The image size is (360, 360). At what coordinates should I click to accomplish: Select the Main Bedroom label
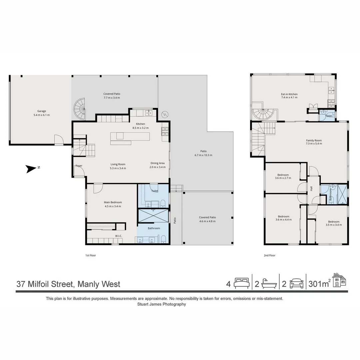click(112, 202)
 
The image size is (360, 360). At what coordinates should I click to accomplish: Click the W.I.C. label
click(118, 236)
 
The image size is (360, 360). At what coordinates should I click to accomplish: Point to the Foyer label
click(79, 166)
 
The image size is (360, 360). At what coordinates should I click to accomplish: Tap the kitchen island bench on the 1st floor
click(130, 137)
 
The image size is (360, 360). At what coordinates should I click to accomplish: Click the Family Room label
click(314, 140)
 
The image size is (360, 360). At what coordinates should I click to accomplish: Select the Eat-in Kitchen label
click(289, 94)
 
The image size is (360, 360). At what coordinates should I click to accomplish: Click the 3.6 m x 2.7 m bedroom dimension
click(283, 178)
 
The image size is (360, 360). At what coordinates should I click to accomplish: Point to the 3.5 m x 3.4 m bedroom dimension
click(333, 225)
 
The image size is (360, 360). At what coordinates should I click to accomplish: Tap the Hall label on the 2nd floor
click(311, 188)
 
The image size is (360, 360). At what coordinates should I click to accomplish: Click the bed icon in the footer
click(241, 284)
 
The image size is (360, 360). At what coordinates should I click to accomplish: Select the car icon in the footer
click(296, 284)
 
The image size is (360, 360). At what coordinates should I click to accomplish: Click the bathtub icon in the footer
click(268, 284)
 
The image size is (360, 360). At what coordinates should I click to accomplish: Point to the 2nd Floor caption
click(269, 255)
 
